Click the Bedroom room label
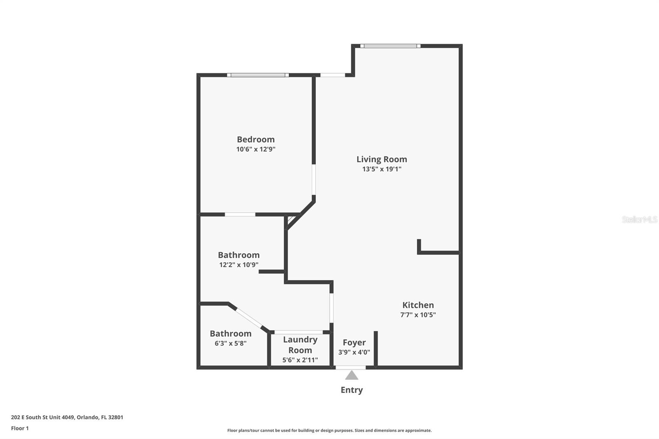pos(255,139)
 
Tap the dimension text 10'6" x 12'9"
pos(255,149)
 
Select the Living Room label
pos(381,159)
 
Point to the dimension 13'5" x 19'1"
pos(381,169)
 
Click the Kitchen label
pos(418,305)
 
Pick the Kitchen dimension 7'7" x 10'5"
pos(418,315)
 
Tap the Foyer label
pos(354,342)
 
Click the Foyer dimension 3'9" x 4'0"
pos(354,352)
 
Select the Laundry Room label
pos(300,345)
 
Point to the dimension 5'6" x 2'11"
pos(300,360)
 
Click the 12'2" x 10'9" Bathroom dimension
pos(238,265)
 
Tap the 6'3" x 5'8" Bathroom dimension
pos(230,343)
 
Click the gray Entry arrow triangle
pos(351,375)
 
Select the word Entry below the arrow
pos(351,390)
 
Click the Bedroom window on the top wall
pos(257,75)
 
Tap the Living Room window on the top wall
pos(390,46)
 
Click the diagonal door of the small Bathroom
pos(249,318)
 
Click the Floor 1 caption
pos(20,428)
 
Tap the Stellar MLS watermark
pos(639,219)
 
